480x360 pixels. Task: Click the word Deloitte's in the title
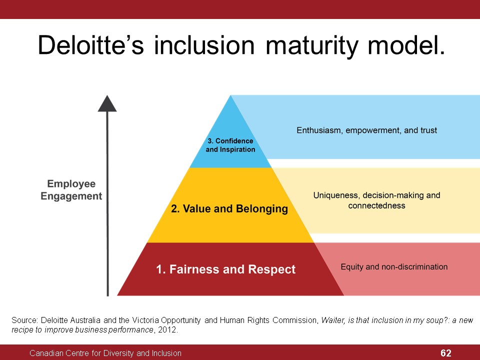click(91, 45)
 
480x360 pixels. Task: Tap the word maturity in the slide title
click(311, 46)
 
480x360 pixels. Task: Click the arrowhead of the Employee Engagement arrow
click(107, 103)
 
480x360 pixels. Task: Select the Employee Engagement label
click(71, 190)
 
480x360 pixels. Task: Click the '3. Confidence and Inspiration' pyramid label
click(230, 145)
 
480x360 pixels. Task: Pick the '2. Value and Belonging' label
click(229, 209)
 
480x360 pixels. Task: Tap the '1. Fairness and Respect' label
click(225, 269)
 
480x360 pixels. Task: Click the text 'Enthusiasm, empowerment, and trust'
click(366, 130)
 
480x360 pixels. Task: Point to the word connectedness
click(376, 205)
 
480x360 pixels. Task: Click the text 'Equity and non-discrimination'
click(394, 267)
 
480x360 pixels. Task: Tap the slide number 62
click(445, 353)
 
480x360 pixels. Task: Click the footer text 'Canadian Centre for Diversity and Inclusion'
click(105, 353)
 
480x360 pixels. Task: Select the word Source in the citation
click(24, 320)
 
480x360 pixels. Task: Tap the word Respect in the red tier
click(272, 269)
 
